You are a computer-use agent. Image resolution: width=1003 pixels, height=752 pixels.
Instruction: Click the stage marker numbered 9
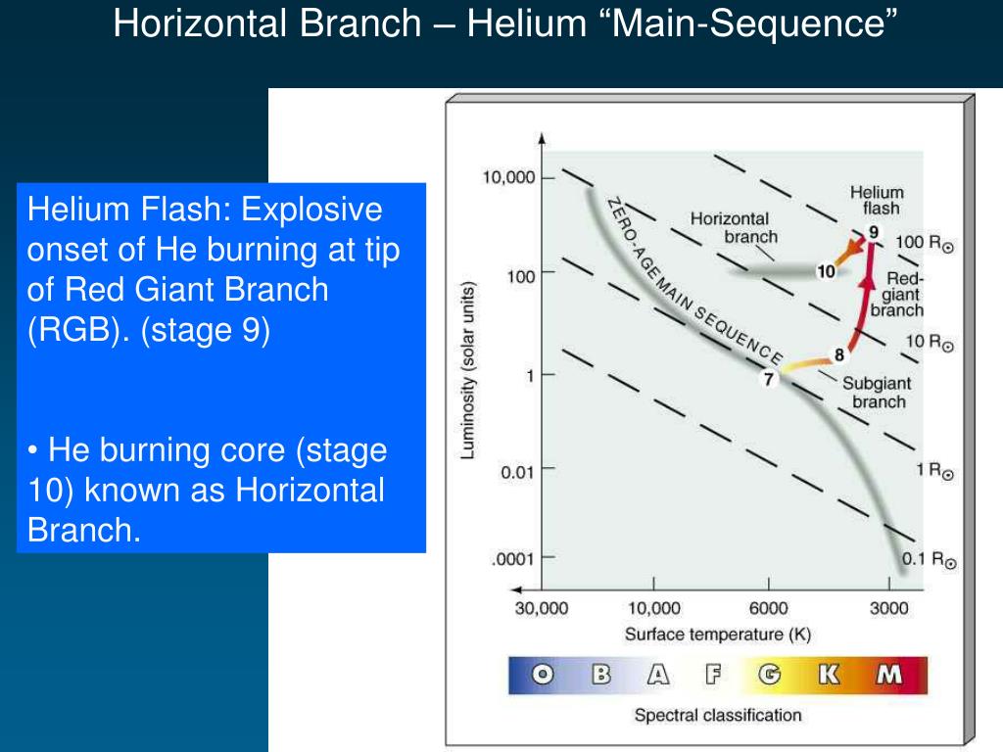click(x=873, y=232)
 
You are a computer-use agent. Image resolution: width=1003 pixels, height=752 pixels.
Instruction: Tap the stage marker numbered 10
click(x=826, y=270)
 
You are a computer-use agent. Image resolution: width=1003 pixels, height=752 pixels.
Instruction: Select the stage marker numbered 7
click(x=769, y=378)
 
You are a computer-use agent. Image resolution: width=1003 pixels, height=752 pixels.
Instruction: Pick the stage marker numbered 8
click(x=839, y=353)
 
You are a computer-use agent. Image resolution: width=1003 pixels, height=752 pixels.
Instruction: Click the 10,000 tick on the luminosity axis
click(x=508, y=178)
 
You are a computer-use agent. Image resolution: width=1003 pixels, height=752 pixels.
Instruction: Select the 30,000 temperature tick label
click(x=541, y=608)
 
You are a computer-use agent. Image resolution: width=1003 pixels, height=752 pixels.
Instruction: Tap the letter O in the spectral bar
click(x=542, y=675)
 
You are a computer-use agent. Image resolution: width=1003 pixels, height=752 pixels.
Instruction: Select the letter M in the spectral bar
click(x=889, y=675)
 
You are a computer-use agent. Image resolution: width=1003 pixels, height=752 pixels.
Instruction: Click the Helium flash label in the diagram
click(x=877, y=200)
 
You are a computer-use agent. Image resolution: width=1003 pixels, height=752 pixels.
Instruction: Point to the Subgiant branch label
click(x=879, y=393)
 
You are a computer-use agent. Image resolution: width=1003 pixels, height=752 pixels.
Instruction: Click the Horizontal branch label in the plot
click(x=730, y=227)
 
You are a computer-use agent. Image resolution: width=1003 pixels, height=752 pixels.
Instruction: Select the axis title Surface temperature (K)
click(x=717, y=634)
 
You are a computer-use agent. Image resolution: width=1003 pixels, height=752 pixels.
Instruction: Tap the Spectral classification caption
click(x=717, y=715)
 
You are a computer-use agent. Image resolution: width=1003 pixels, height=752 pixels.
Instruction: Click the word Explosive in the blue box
click(x=310, y=210)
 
